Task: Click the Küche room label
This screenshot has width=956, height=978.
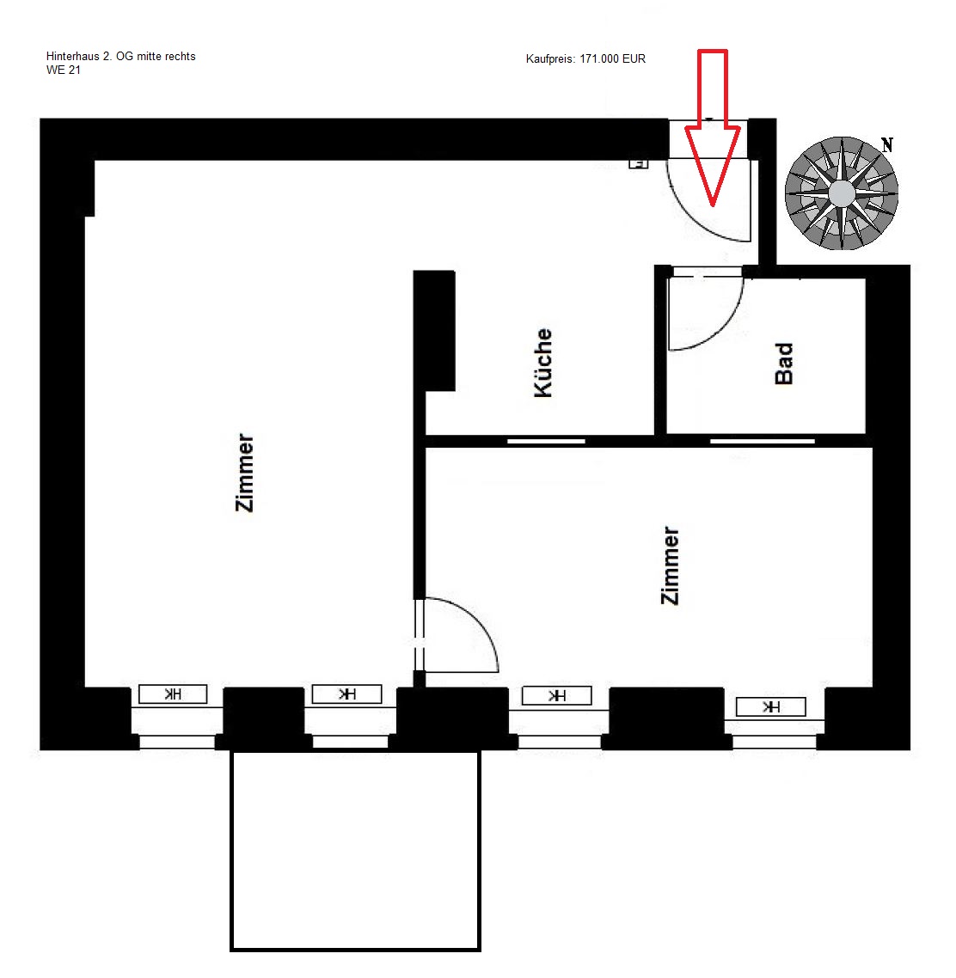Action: [x=542, y=363]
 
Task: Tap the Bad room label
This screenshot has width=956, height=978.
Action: [x=783, y=364]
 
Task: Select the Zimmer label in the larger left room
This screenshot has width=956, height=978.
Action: [x=244, y=473]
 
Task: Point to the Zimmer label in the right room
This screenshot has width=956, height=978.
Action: [x=670, y=565]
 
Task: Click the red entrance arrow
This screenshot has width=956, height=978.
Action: [x=713, y=128]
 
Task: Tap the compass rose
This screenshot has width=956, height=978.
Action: [x=841, y=193]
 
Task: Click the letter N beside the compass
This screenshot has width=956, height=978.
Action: [x=886, y=145]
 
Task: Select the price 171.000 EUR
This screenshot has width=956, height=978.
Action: [x=613, y=58]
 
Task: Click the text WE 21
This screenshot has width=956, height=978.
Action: [x=63, y=70]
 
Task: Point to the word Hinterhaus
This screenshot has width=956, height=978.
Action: [x=72, y=56]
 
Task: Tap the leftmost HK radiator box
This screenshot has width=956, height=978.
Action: [x=172, y=694]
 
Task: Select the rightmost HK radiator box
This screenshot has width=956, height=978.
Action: [x=771, y=706]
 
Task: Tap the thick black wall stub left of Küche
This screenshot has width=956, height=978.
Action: [x=434, y=331]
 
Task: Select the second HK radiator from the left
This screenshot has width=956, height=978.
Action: [x=346, y=694]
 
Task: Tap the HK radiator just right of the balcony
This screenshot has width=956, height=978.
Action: [x=556, y=695]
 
